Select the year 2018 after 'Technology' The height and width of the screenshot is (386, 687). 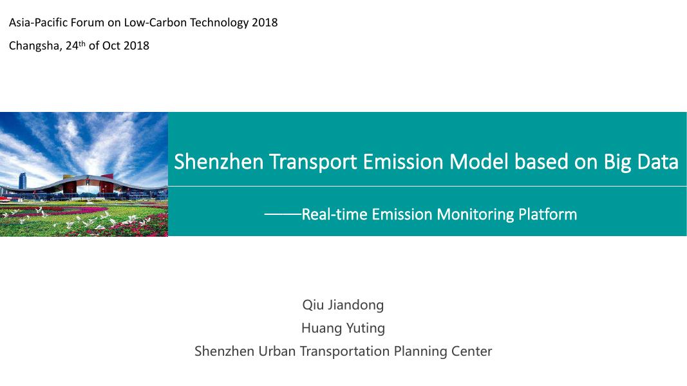(265, 23)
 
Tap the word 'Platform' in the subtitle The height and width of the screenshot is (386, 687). (547, 214)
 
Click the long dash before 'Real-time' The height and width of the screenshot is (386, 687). (283, 214)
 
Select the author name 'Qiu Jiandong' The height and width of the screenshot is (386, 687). (343, 305)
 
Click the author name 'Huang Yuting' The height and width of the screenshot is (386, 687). (343, 328)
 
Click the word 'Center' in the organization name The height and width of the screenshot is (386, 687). (472, 351)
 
